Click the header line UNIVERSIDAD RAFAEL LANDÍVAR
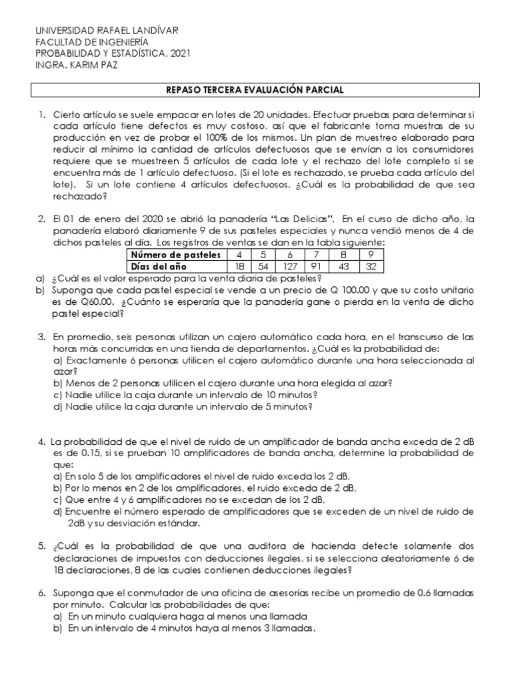pyautogui.click(x=106, y=31)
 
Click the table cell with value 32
pyautogui.click(x=371, y=266)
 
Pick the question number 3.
pyautogui.click(x=41, y=338)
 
